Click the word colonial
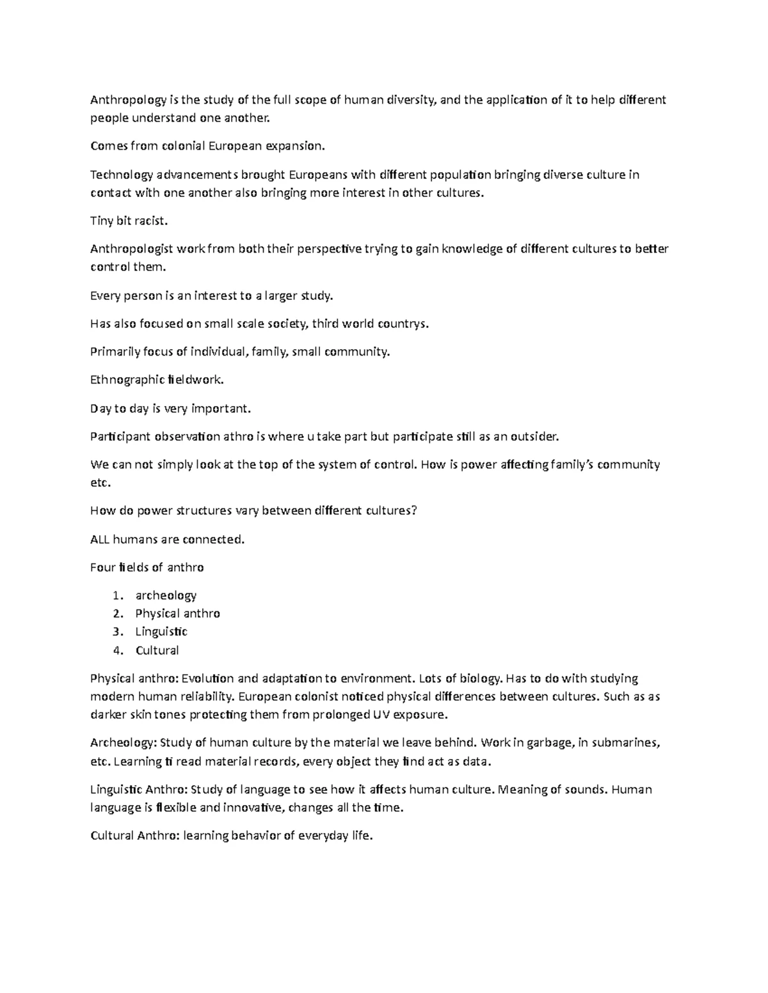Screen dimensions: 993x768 182,146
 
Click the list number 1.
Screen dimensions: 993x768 116,595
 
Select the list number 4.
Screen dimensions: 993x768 116,650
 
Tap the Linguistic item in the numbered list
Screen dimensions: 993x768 161,632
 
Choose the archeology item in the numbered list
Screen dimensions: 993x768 166,595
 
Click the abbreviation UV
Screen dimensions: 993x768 380,714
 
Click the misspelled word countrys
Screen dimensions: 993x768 404,324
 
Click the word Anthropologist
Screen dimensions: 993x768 132,249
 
